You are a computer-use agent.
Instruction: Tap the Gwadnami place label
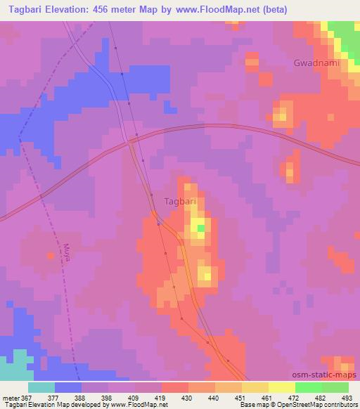pos(316,63)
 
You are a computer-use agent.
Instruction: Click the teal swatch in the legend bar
pos(41,387)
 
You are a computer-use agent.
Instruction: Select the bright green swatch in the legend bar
pos(309,387)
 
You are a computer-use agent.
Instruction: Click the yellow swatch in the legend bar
pos(282,387)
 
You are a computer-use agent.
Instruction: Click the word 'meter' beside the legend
pos(11,398)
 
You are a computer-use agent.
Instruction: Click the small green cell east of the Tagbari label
pos(201,228)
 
